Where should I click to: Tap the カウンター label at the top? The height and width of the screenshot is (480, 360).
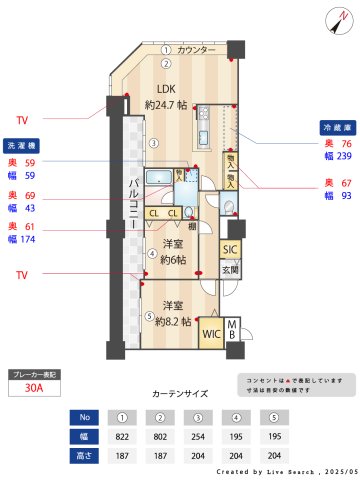click(196, 49)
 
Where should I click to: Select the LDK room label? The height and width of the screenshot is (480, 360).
click(165, 89)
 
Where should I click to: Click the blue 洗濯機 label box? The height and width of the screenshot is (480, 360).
click(22, 143)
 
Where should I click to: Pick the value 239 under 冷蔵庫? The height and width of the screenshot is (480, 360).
click(344, 156)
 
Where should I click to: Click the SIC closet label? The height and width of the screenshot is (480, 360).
click(229, 249)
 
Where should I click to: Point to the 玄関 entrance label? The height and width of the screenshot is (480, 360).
click(230, 269)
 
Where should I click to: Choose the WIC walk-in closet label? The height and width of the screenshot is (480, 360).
click(212, 334)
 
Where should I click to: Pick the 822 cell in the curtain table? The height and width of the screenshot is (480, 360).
click(122, 436)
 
